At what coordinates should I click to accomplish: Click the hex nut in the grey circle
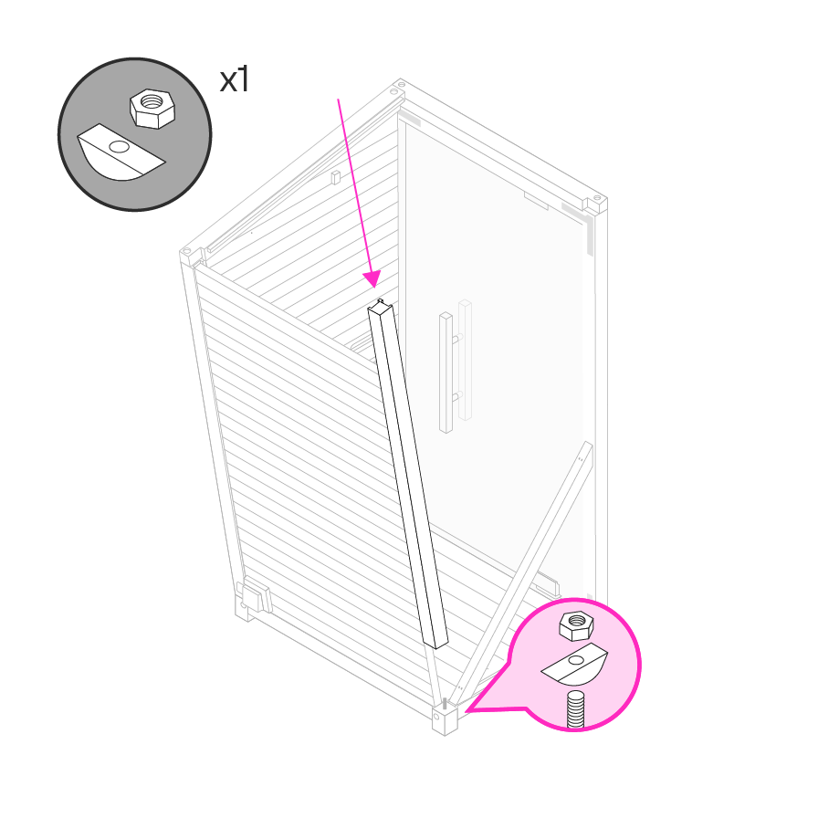tap(152, 109)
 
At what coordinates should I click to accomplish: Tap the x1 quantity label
tap(235, 79)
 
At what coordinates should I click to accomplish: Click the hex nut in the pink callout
tap(576, 625)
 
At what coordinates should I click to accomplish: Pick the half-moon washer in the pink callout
tap(574, 664)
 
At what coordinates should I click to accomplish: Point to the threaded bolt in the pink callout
tap(575, 708)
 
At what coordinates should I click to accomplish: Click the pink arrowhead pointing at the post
tap(372, 279)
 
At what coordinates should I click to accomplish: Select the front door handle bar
tap(446, 372)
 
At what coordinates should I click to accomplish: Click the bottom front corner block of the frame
tap(445, 719)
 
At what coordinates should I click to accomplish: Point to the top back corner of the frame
tap(400, 87)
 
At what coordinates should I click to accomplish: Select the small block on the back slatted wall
tap(336, 177)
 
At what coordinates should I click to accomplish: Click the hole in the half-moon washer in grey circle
tap(120, 147)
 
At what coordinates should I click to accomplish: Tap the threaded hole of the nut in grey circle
tap(152, 100)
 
